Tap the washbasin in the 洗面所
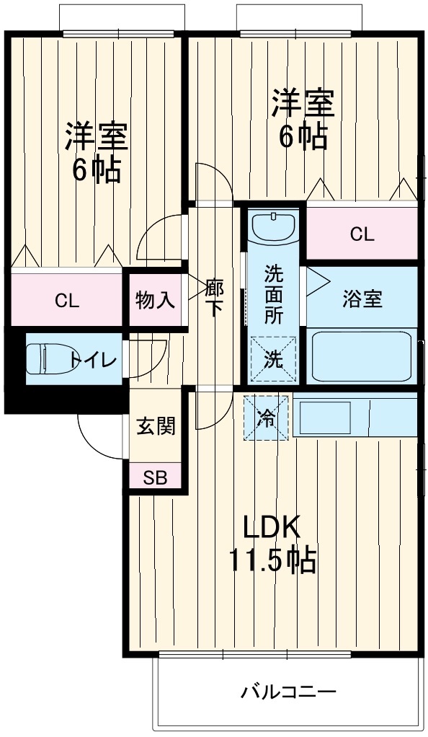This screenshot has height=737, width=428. click(273, 226)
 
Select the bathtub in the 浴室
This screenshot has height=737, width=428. click(362, 356)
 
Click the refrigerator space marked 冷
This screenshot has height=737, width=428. click(267, 418)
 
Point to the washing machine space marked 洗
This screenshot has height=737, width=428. click(273, 359)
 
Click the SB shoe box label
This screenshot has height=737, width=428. click(155, 478)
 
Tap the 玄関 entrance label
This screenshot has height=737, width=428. click(156, 426)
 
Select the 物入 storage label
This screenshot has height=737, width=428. click(156, 300)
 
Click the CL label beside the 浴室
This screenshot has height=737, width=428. click(362, 234)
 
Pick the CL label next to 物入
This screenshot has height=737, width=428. click(67, 301)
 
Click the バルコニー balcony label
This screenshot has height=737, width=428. click(289, 692)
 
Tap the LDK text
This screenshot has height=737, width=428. click(272, 529)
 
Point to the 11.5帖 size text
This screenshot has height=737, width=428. click(272, 560)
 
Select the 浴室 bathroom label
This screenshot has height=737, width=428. click(362, 299)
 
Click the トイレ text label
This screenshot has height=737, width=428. click(93, 361)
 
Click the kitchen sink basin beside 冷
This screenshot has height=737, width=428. click(325, 418)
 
